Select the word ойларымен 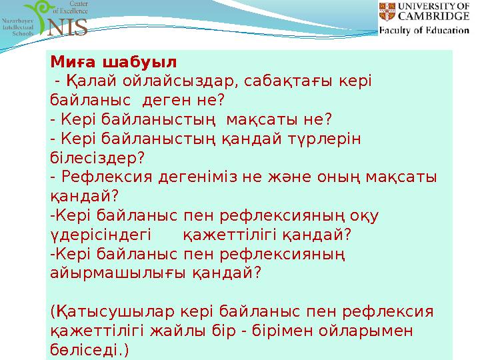point(371,331)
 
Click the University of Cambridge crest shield point(387,12)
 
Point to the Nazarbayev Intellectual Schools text point(19,31)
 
